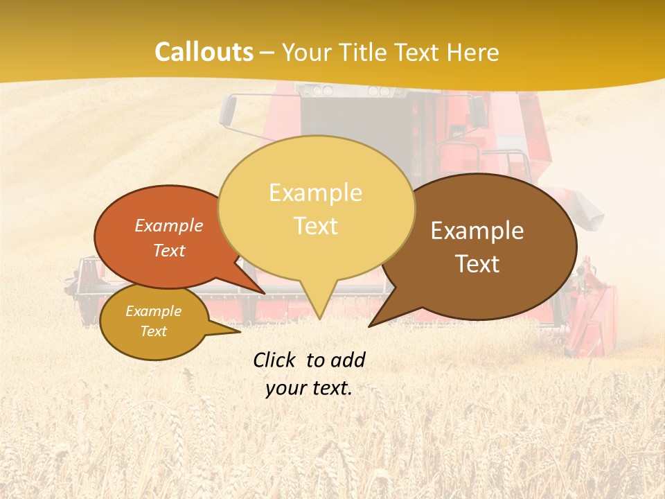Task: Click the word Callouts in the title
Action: [x=204, y=52]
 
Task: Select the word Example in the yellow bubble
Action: [x=315, y=193]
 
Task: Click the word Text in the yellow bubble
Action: [x=315, y=226]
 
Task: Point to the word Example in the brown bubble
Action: [x=477, y=231]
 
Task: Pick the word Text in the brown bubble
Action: [x=477, y=264]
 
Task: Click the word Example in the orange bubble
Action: [x=169, y=225]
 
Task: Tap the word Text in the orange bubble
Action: [x=169, y=250]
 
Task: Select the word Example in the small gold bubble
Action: [x=154, y=311]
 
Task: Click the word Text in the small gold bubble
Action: [x=154, y=331]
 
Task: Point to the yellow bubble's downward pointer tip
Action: [x=319, y=318]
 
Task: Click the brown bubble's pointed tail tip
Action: [x=369, y=326]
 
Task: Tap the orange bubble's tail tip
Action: [x=264, y=293]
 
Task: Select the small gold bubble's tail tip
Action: [x=240, y=331]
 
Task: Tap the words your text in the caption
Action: [x=309, y=388]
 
